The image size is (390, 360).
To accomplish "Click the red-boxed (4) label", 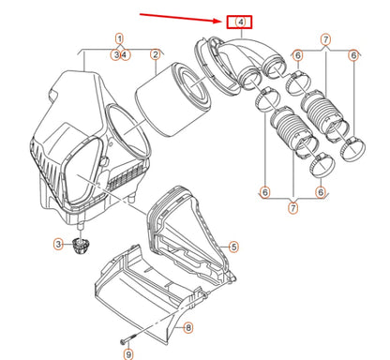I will pos(241,20).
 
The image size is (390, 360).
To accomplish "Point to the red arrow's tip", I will pos(221,18).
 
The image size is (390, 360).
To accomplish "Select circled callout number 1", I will pos(119,38).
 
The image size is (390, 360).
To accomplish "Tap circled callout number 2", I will pos(154,55).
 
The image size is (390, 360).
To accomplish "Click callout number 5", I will pos(233,247).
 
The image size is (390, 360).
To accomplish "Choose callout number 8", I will pos(188,327).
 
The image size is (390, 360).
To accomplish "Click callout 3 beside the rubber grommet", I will pos(57,245).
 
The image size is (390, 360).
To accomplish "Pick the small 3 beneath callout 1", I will pos(115,55).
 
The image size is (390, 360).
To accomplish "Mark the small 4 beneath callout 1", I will pos(125,55).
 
